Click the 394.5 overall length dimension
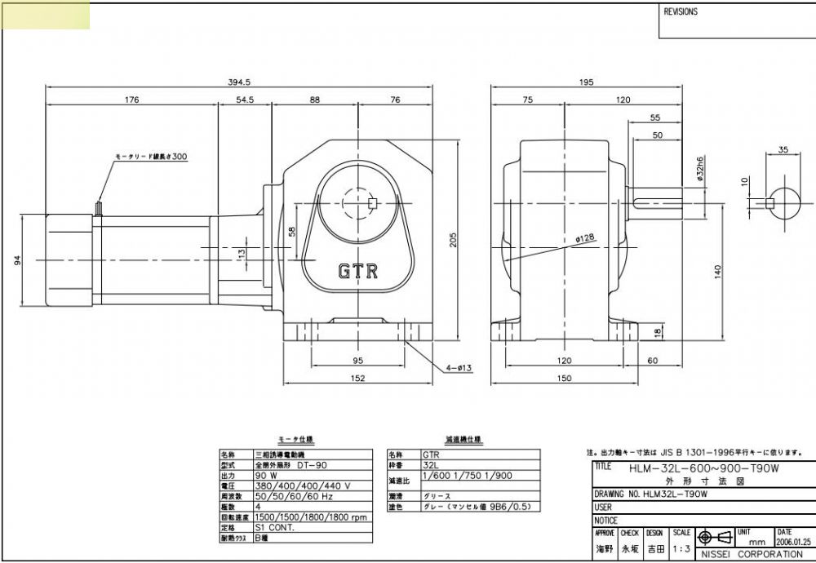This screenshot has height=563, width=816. click(238, 82)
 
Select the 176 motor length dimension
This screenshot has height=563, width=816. click(131, 100)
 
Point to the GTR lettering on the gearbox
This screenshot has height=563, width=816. click(358, 271)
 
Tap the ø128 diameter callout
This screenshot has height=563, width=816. click(584, 238)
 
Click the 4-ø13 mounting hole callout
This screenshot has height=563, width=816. click(459, 368)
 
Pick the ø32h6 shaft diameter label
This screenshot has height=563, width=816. click(700, 169)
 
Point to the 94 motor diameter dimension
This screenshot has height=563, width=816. click(17, 259)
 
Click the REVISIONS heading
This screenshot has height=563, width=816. click(681, 12)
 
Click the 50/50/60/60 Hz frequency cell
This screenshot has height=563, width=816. click(282, 495)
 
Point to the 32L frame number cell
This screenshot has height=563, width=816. click(430, 464)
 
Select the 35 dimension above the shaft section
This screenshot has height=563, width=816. click(783, 149)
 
